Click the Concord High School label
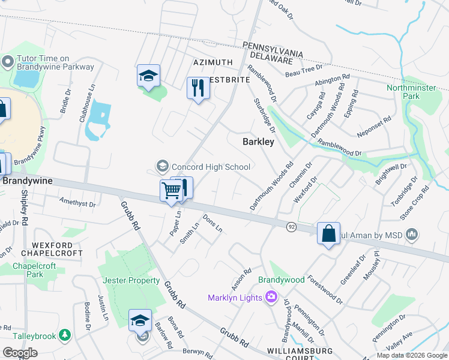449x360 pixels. pyautogui.click(x=210, y=166)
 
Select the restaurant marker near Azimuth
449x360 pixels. pyautogui.click(x=197, y=88)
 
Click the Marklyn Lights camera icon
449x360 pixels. pyautogui.click(x=271, y=297)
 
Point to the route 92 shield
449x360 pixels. pyautogui.click(x=291, y=226)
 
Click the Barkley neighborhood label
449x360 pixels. pyautogui.click(x=258, y=142)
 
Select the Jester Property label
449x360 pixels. pyautogui.click(x=131, y=280)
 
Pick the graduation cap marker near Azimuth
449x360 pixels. pyautogui.click(x=148, y=76)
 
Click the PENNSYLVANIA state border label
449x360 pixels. pyautogui.click(x=272, y=46)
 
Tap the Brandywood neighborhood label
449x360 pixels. pyautogui.click(x=282, y=280)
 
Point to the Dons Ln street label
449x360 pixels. pyautogui.click(x=213, y=224)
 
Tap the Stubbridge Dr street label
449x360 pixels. pyautogui.click(x=264, y=116)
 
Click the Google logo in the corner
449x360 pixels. pyautogui.click(x=20, y=353)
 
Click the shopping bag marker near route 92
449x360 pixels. pyautogui.click(x=329, y=233)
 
